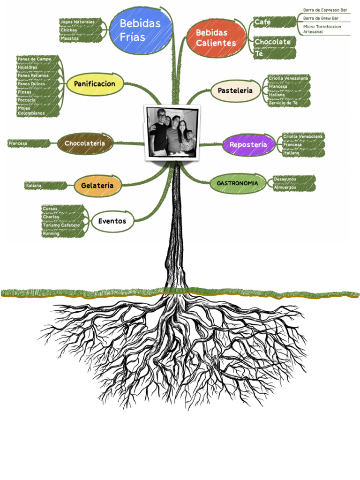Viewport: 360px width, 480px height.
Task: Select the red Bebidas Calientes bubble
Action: tap(216, 38)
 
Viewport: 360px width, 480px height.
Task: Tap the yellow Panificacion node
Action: tap(95, 84)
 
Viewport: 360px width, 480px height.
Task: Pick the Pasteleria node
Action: tap(235, 90)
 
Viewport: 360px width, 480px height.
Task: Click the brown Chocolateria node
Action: tap(85, 143)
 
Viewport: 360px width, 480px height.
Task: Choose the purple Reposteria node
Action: tap(248, 145)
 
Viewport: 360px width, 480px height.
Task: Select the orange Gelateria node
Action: tap(97, 186)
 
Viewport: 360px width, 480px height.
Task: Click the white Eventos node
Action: tap(112, 221)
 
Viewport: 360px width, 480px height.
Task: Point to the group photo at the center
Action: tap(172, 132)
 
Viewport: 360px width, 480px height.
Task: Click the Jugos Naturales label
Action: tap(78, 22)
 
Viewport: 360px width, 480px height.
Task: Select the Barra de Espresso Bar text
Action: tap(325, 10)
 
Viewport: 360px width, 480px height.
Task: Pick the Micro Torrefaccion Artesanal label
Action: tap(322, 29)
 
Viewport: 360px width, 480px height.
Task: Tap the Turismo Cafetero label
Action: tap(61, 225)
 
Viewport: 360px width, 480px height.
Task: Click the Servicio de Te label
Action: tap(284, 103)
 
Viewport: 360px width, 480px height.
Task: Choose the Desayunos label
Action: tap(285, 179)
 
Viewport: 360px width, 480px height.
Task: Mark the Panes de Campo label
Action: tap(35, 59)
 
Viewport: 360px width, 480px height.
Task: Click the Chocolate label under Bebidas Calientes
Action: tap(272, 42)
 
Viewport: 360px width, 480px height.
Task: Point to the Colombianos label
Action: tap(31, 113)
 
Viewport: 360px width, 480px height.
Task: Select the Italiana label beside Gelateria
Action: tap(34, 186)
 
